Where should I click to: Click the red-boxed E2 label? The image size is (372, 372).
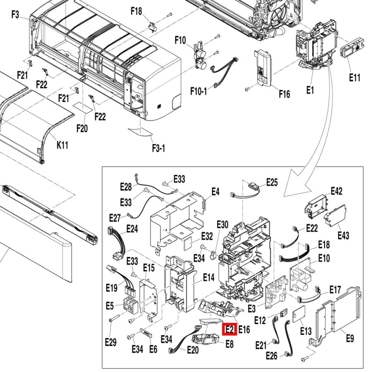pyautogui.click(x=229, y=329)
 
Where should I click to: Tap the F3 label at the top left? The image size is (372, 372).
pyautogui.click(x=15, y=15)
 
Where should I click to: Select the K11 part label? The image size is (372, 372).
pyautogui.click(x=63, y=145)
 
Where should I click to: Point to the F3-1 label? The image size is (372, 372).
pyautogui.click(x=158, y=148)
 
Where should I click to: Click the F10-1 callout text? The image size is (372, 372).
pyautogui.click(x=199, y=91)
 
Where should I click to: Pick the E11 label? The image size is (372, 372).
pyautogui.click(x=355, y=77)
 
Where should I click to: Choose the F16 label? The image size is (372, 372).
pyautogui.click(x=284, y=94)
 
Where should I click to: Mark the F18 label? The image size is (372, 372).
pyautogui.click(x=136, y=11)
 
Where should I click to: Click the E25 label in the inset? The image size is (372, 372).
pyautogui.click(x=272, y=182)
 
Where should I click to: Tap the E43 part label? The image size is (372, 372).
pyautogui.click(x=343, y=235)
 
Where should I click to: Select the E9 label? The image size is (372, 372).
pyautogui.click(x=350, y=339)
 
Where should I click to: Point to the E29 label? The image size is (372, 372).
pyautogui.click(x=111, y=342)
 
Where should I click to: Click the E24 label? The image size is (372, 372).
pyautogui.click(x=132, y=229)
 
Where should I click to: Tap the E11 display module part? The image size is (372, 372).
pyautogui.click(x=352, y=50)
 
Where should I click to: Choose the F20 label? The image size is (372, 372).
pyautogui.click(x=82, y=129)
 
